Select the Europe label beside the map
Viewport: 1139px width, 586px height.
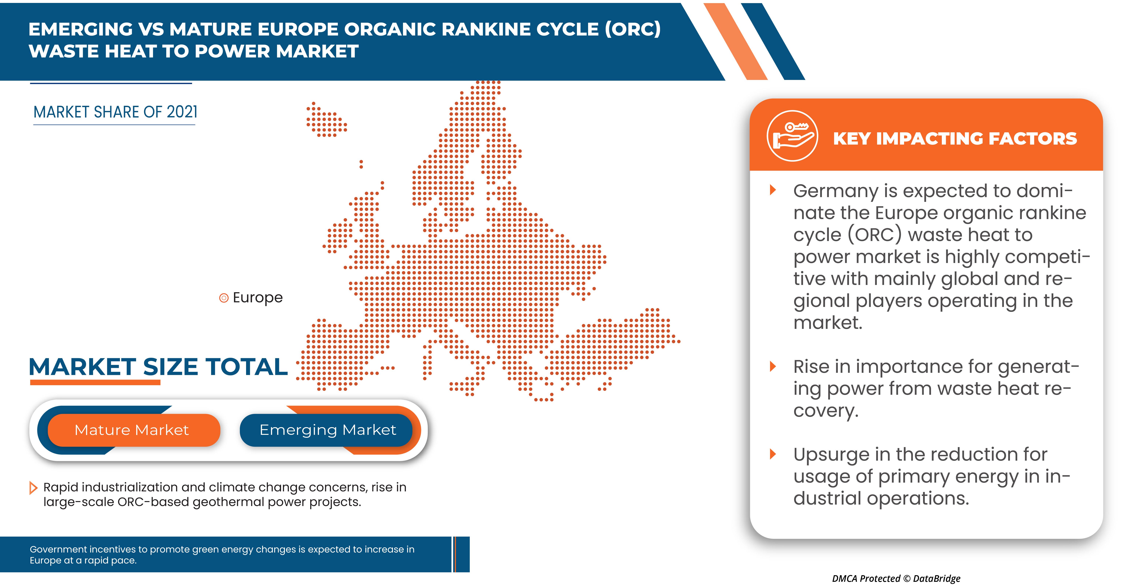[x=257, y=298]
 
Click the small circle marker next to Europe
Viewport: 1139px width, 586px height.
[x=224, y=298]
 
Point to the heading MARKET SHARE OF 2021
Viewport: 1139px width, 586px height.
[x=115, y=112]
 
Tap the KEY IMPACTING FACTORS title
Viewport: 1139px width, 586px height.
[x=955, y=139]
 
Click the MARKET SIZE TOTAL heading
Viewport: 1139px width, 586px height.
[x=158, y=367]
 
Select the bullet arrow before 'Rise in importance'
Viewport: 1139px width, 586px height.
[x=773, y=366]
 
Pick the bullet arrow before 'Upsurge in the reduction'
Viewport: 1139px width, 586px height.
[x=773, y=454]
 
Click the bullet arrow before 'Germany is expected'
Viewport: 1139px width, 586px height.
[x=773, y=190]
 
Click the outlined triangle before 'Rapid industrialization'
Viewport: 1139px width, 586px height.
[x=33, y=488]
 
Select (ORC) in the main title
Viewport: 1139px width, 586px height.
[x=632, y=29]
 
